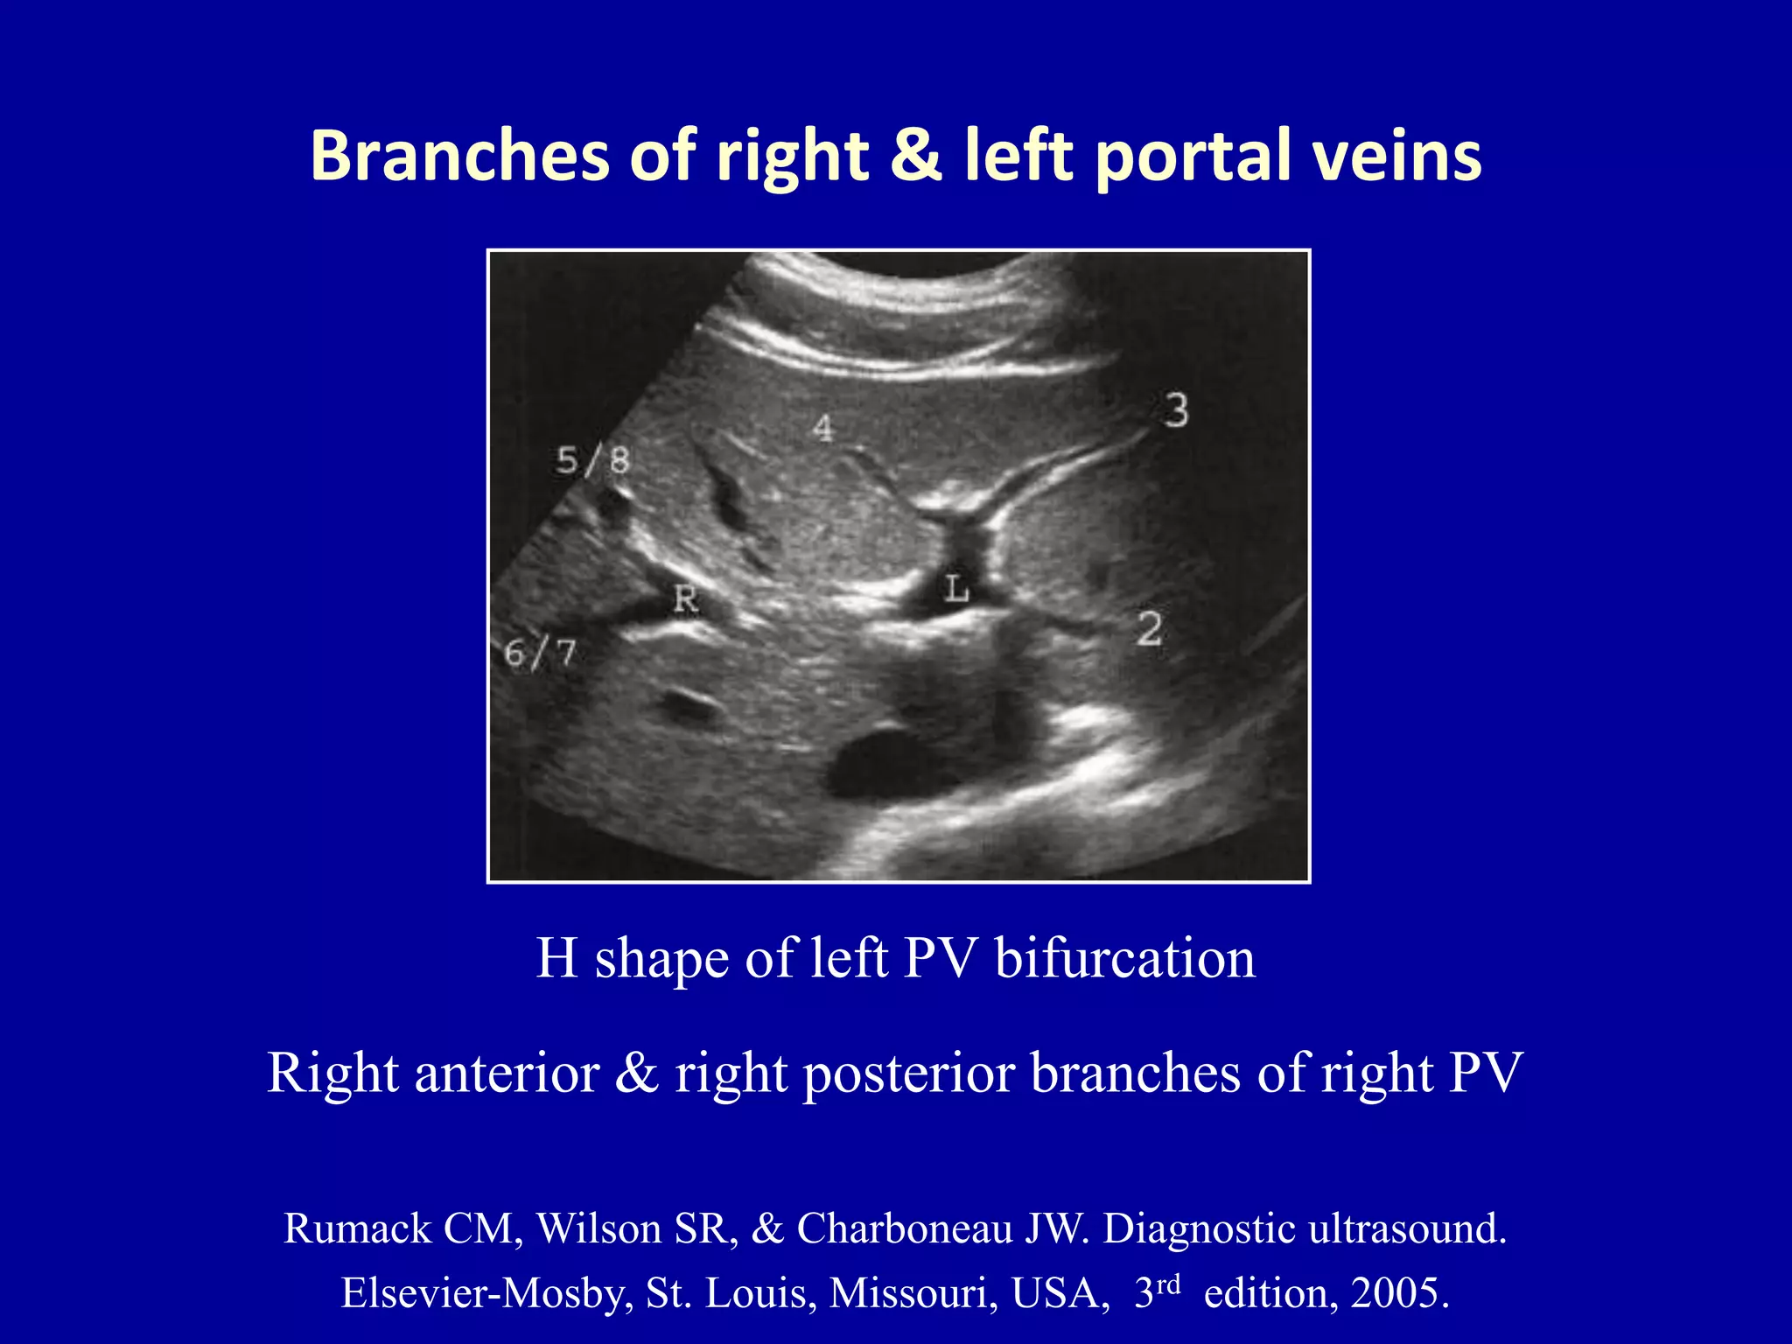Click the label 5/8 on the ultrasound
click(x=592, y=460)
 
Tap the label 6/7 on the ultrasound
click(x=541, y=654)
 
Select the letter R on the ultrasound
click(x=686, y=600)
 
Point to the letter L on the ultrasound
click(x=956, y=589)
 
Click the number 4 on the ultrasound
click(x=822, y=428)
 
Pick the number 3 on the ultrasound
click(x=1176, y=410)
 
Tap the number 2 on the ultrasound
click(x=1150, y=629)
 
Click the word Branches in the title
click(x=459, y=156)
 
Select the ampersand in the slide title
click(x=916, y=156)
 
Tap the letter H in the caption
click(x=556, y=958)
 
